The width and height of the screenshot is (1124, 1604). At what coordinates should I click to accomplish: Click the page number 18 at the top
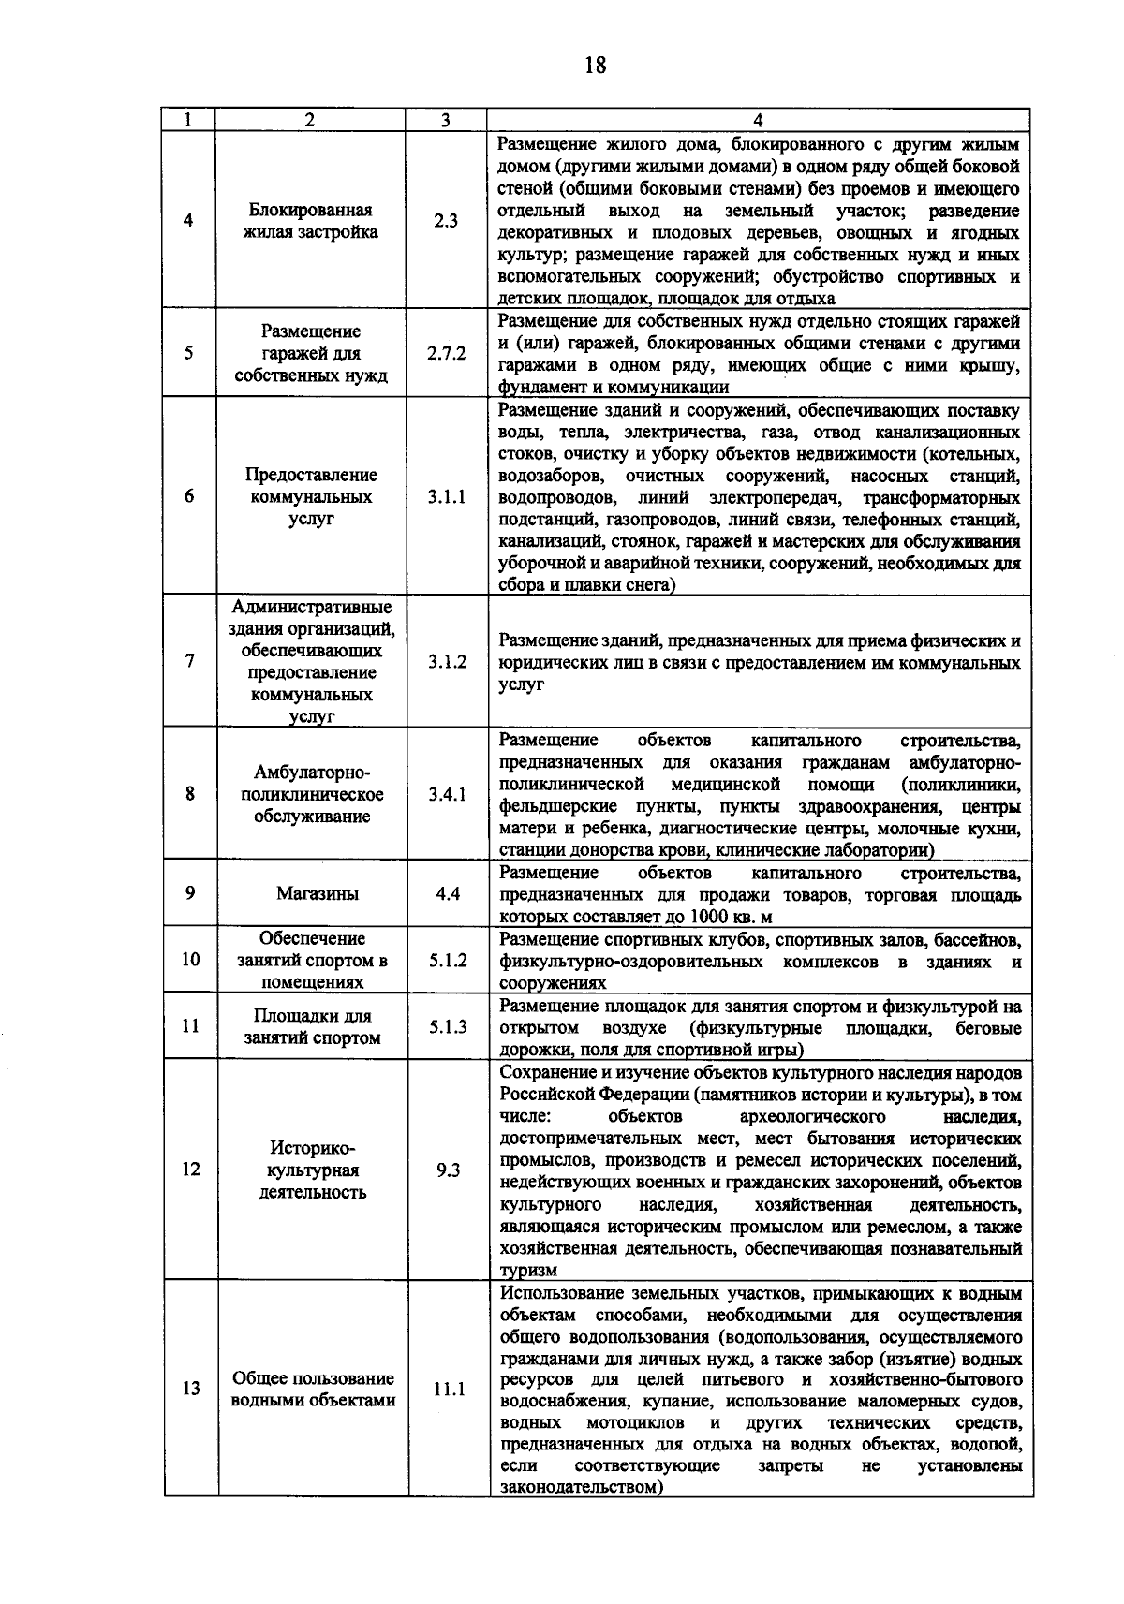pos(594,65)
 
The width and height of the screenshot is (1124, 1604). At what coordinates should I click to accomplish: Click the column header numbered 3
pos(446,120)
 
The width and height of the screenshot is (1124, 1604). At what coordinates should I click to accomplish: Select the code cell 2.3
pos(446,221)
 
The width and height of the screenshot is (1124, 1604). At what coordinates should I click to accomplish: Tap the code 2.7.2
pos(446,354)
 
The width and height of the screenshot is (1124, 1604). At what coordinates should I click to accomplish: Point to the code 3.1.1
pos(447,497)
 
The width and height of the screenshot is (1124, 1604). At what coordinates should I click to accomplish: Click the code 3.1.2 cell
pos(447,662)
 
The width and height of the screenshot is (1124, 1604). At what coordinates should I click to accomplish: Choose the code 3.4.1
pos(447,795)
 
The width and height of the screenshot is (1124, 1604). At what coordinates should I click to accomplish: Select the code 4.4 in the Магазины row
pos(447,893)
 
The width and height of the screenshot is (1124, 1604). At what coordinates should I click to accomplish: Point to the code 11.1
pos(449,1390)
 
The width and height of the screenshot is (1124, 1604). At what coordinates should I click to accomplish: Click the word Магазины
pos(317,893)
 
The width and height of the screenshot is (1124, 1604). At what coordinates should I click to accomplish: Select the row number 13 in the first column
pos(191,1390)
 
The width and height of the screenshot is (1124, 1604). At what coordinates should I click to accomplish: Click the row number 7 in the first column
pos(190,662)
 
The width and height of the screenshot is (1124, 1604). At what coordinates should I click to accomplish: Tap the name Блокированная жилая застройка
pos(316,221)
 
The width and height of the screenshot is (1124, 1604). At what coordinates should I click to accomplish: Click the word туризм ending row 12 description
pos(527,1271)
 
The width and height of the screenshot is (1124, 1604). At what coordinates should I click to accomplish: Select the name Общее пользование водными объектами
pos(313,1390)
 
